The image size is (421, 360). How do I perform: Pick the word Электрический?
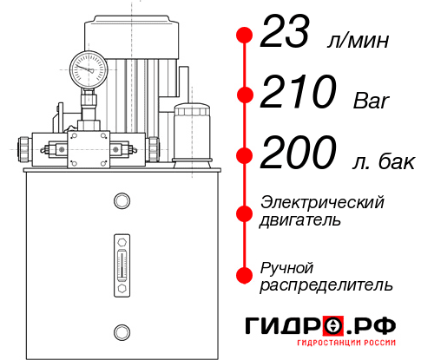[x=322, y=202]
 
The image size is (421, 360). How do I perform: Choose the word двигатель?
[x=300, y=219]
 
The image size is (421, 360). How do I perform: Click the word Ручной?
[x=287, y=266]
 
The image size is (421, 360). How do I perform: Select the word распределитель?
[x=326, y=284]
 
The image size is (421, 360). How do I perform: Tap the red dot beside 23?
[x=244, y=36]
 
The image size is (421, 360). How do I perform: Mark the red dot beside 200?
[x=244, y=155]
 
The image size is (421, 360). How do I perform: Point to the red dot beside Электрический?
[x=244, y=211]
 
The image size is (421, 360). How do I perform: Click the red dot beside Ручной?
[x=244, y=274]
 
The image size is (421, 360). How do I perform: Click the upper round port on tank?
[x=121, y=202]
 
